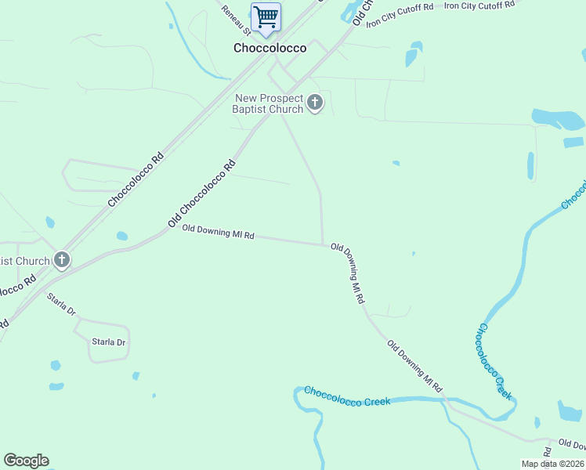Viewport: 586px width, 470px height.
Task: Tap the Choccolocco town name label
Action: (269, 48)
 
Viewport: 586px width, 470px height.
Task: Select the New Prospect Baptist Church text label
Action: (267, 103)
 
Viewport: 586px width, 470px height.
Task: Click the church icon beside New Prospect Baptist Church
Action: (314, 103)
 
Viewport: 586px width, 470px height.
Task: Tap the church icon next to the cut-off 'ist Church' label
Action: (61, 260)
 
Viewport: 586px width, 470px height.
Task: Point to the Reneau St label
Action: (235, 20)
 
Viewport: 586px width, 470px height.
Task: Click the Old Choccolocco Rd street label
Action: (202, 194)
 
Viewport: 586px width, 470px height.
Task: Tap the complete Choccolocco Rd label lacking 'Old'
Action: (136, 179)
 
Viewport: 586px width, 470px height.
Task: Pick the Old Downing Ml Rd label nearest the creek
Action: (415, 367)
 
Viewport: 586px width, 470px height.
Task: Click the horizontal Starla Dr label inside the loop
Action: (110, 342)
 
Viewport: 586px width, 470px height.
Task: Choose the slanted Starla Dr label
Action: (61, 305)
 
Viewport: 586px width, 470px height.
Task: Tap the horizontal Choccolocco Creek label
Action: (346, 396)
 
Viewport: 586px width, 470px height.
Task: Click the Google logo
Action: (26, 461)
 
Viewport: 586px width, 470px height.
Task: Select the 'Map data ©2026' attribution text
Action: (553, 464)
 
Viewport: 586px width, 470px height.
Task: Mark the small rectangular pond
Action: (573, 143)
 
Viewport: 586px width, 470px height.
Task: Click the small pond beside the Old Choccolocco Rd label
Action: (121, 236)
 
